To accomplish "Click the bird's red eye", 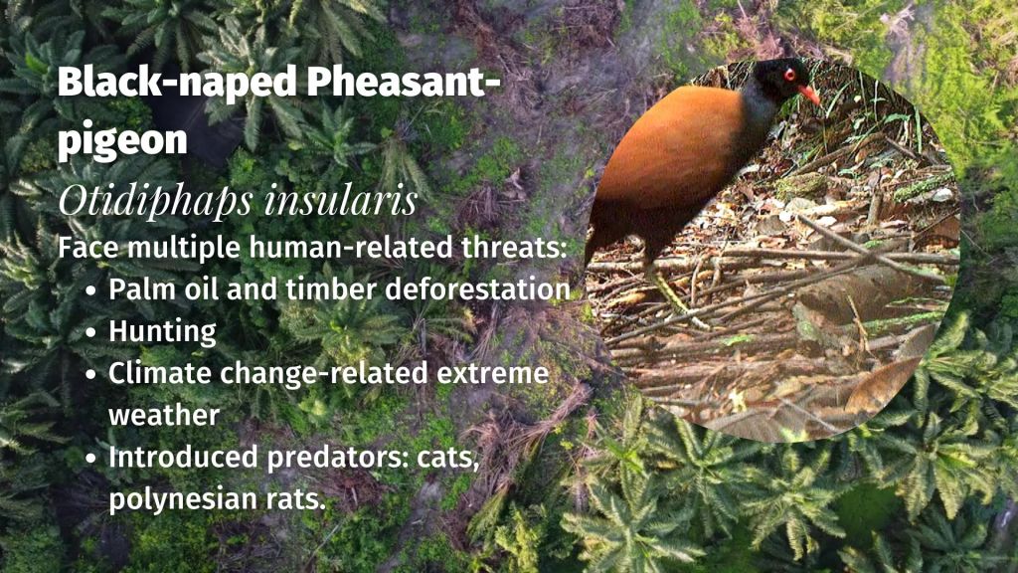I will [x=790, y=75].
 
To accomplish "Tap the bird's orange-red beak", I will [x=810, y=95].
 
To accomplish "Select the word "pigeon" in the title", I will [x=122, y=140].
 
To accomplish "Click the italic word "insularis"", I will [x=342, y=202].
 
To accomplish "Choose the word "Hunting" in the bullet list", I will [x=162, y=331].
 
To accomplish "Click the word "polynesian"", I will [x=191, y=499].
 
